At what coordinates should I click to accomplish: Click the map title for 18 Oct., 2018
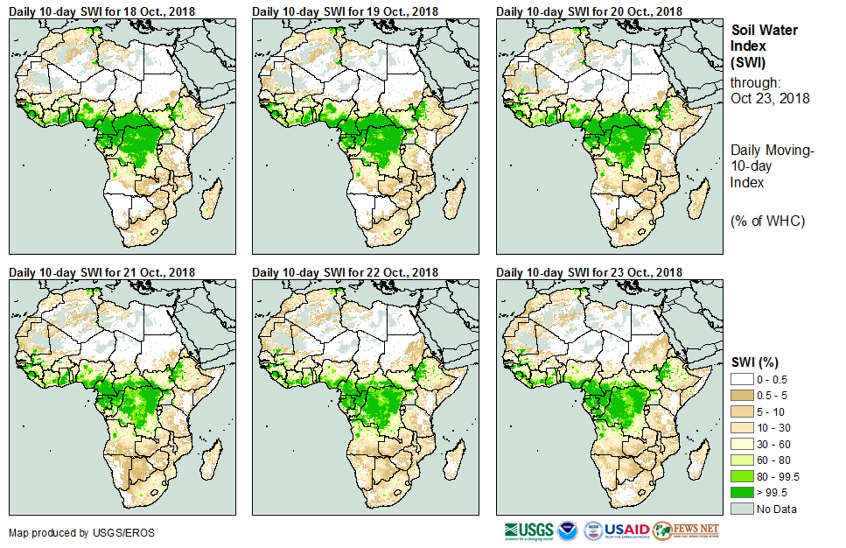(x=101, y=11)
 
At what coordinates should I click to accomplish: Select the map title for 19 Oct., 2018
(x=345, y=11)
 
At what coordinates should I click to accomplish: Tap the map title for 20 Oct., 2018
(x=589, y=11)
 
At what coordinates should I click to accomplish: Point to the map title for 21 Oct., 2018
(x=101, y=272)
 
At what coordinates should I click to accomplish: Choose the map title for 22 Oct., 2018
(x=345, y=272)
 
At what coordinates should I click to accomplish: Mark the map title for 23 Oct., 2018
(x=589, y=272)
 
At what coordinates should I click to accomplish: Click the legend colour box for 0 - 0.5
(x=742, y=379)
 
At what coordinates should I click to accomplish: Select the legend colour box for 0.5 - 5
(x=742, y=395)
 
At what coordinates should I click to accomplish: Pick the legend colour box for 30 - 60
(x=742, y=444)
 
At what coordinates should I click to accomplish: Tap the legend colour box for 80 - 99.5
(x=742, y=476)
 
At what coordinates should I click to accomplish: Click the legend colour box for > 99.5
(x=742, y=493)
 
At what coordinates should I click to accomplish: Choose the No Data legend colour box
(x=742, y=509)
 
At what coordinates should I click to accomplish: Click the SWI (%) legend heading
(x=755, y=362)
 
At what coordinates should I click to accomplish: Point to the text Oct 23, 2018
(x=770, y=98)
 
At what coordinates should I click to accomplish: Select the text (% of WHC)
(x=767, y=221)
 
